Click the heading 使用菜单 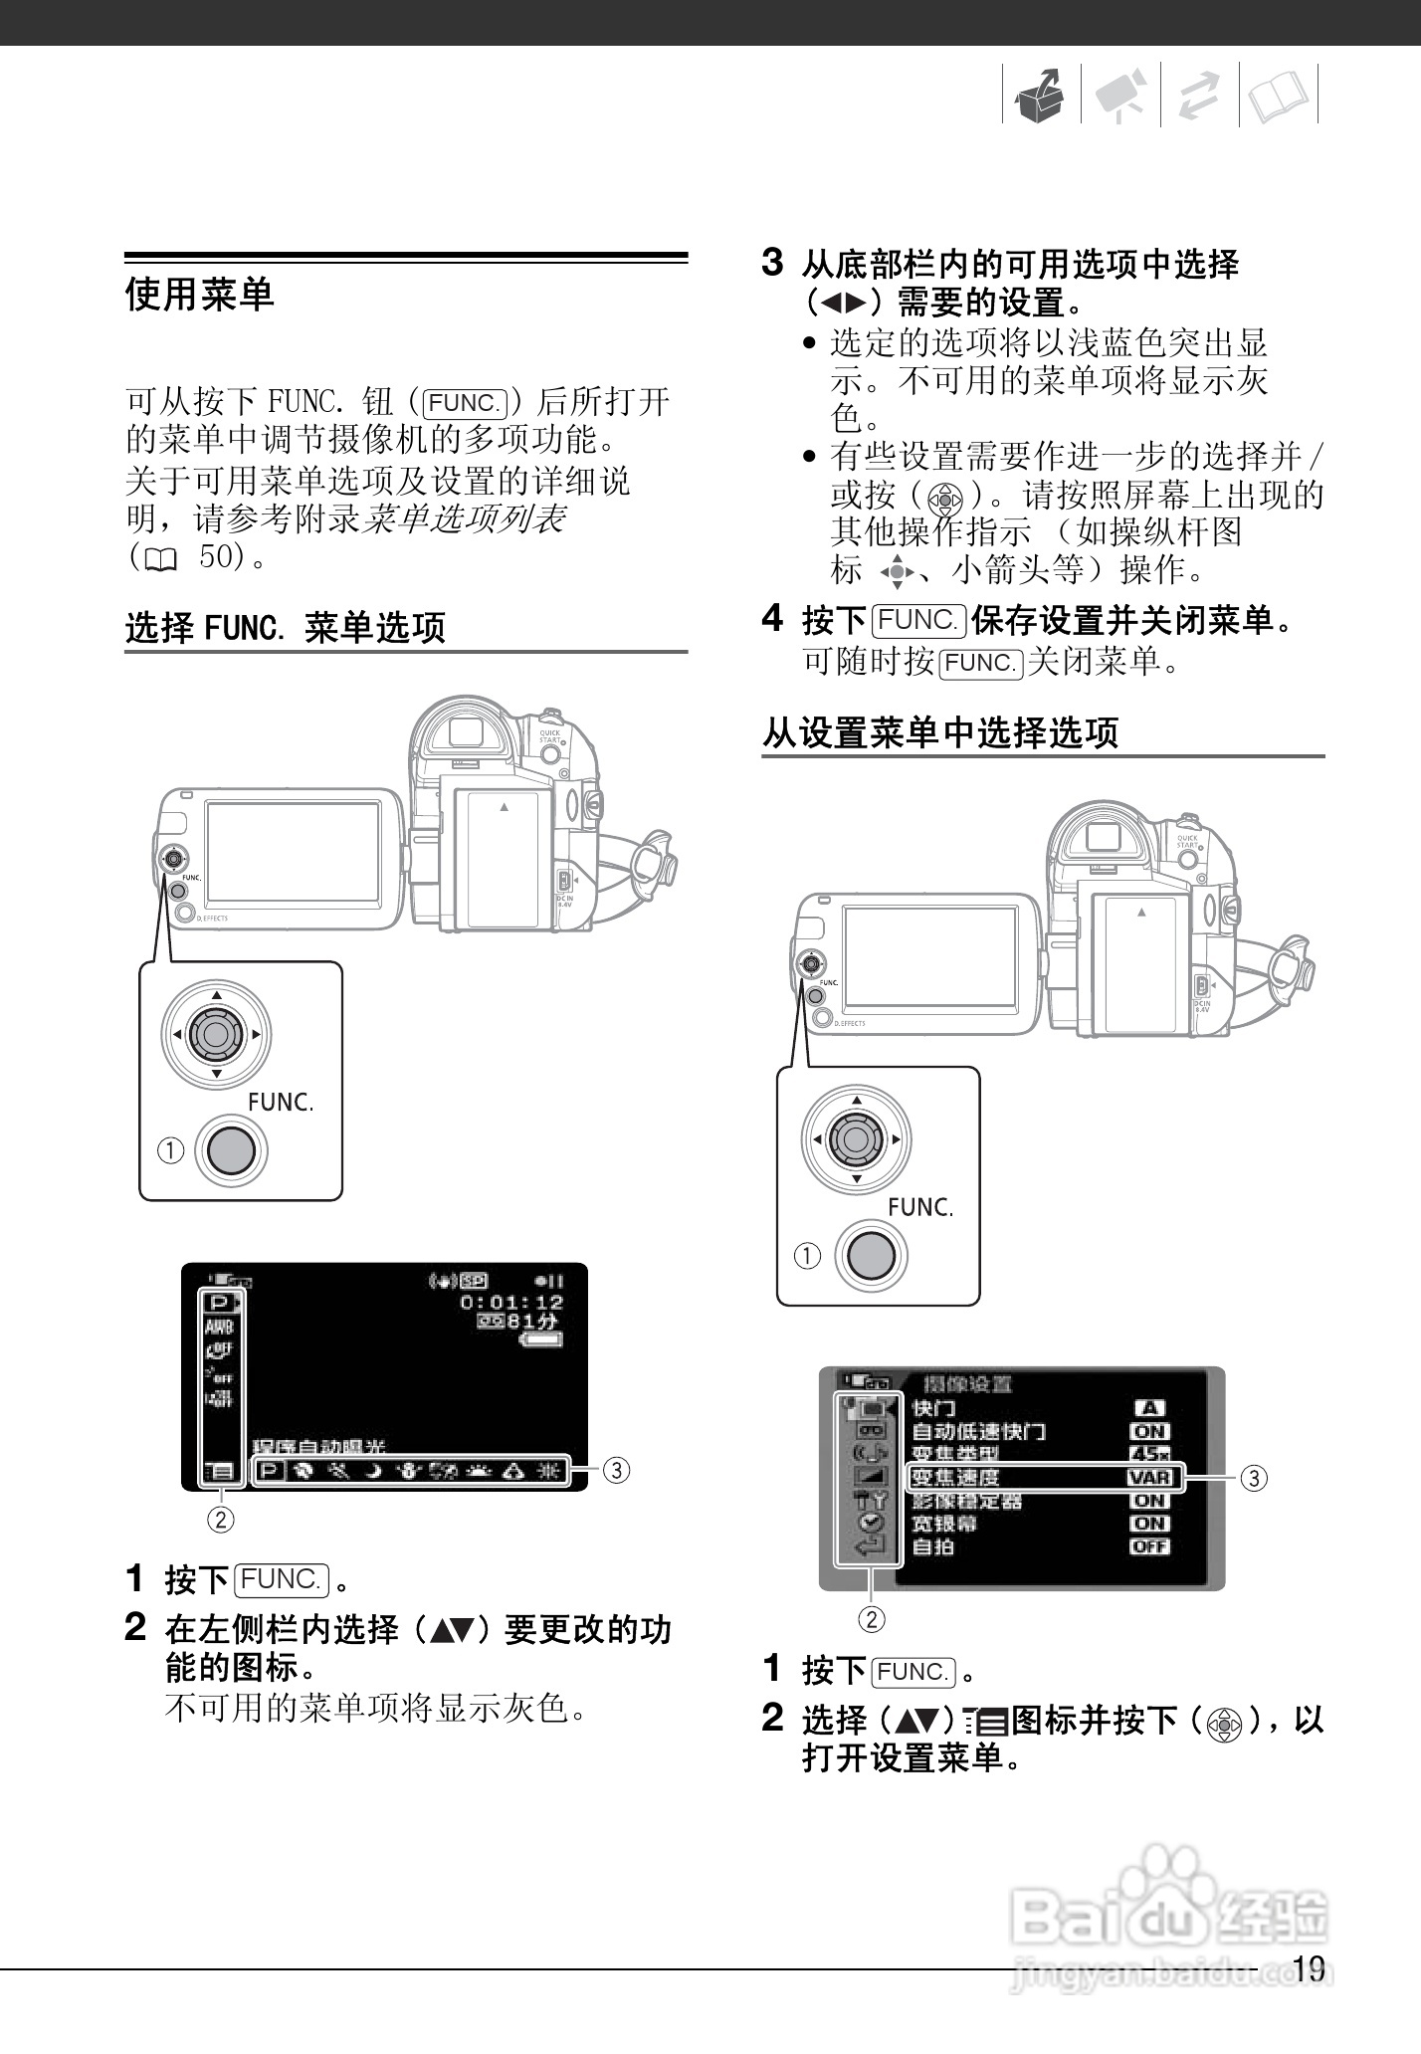pyautogui.click(x=199, y=295)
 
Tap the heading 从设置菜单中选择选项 pyautogui.click(x=940, y=732)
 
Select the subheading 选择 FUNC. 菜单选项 pyautogui.click(x=285, y=627)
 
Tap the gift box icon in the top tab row pyautogui.click(x=1040, y=97)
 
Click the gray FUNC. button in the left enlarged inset pyautogui.click(x=231, y=1150)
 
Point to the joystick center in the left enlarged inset pyautogui.click(x=216, y=1035)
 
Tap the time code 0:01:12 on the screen pyautogui.click(x=511, y=1302)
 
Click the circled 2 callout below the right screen pyautogui.click(x=871, y=1620)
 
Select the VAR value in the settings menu pyautogui.click(x=1149, y=1478)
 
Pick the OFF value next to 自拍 pyautogui.click(x=1149, y=1546)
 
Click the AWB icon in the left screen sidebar pyautogui.click(x=219, y=1327)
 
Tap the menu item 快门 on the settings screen pyautogui.click(x=933, y=1408)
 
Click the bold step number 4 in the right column pyautogui.click(x=772, y=619)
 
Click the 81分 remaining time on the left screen pyautogui.click(x=532, y=1322)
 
